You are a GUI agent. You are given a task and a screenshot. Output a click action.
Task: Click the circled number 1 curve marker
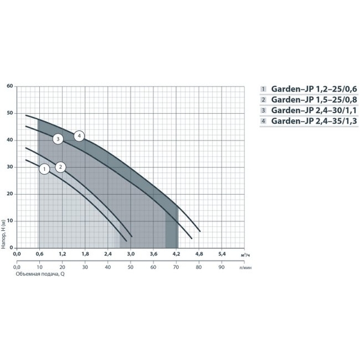(44, 169)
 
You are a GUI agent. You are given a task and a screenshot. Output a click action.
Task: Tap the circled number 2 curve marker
(60, 167)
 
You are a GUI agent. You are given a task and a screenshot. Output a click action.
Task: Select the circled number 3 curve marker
(58, 139)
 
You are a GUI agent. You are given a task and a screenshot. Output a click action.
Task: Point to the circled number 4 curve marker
(79, 136)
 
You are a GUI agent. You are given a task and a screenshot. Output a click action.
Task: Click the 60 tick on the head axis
(10, 86)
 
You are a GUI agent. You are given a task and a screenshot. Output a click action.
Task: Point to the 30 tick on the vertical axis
(10, 166)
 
